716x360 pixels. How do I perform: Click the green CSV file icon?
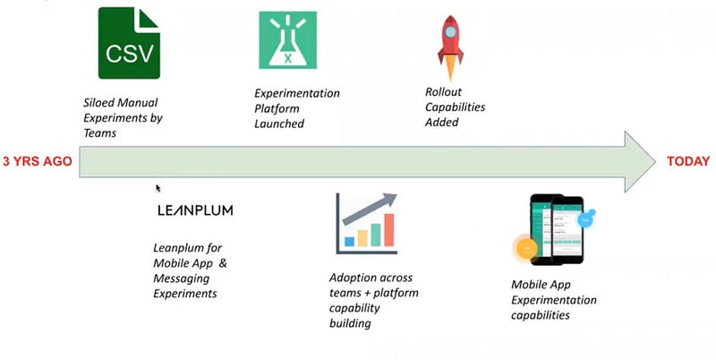pos(129,43)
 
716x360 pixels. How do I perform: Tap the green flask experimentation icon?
pos(287,40)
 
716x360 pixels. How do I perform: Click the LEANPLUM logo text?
pos(195,210)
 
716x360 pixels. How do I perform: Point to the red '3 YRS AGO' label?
pos(38,161)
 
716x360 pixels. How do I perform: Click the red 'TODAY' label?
pos(688,161)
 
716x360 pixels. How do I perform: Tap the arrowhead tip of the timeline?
pos(656,162)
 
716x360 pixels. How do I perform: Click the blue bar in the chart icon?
pos(349,241)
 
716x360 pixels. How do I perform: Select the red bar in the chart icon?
pos(389,230)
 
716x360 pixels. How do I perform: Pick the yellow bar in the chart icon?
pos(362,238)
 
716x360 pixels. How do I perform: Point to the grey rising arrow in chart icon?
pos(370,209)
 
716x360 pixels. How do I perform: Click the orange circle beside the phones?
pos(526,249)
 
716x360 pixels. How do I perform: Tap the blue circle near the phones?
pos(586,219)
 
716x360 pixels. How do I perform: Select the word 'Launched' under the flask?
pos(279,124)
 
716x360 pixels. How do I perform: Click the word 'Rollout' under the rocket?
pos(443,92)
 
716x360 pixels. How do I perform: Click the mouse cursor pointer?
pos(158,188)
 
